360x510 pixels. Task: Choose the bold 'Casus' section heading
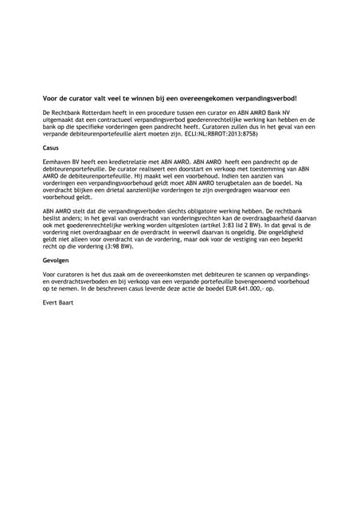[x=51, y=148]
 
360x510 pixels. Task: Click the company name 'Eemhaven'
[x=58, y=162]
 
